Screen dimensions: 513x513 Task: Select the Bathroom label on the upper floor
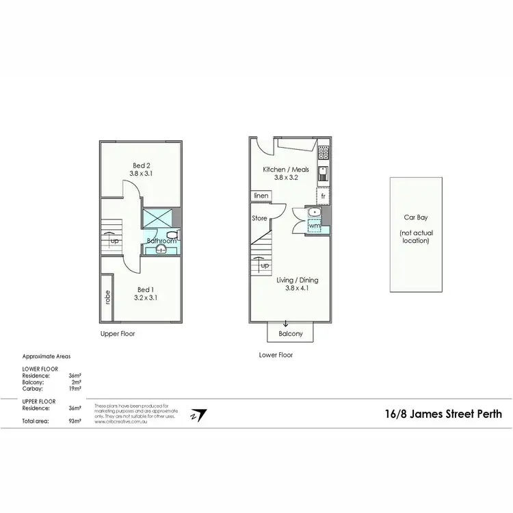(162, 241)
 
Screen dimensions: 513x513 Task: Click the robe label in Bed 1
(107, 298)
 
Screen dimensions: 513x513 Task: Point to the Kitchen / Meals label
(286, 170)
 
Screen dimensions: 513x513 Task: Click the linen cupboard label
(261, 196)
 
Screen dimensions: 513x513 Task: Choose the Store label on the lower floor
(259, 219)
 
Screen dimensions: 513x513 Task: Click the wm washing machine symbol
(314, 225)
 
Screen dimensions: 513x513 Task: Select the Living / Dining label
(297, 280)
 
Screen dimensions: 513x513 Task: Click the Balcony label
(290, 334)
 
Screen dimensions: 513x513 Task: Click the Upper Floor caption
(118, 334)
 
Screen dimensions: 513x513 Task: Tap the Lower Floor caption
(276, 355)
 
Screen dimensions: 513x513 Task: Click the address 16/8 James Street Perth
(443, 414)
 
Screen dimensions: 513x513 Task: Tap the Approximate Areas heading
(46, 356)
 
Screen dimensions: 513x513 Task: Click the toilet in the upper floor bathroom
(172, 234)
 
